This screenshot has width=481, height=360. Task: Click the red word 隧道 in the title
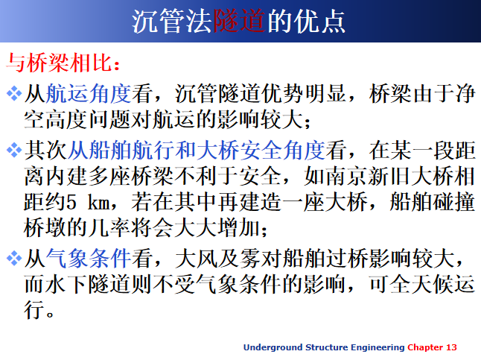(239, 21)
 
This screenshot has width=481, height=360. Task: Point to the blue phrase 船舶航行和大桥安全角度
(197, 152)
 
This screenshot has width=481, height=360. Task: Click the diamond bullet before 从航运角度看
(14, 94)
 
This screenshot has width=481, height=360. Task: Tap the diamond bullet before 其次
(14, 152)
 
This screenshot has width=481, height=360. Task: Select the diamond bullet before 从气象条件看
(14, 259)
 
